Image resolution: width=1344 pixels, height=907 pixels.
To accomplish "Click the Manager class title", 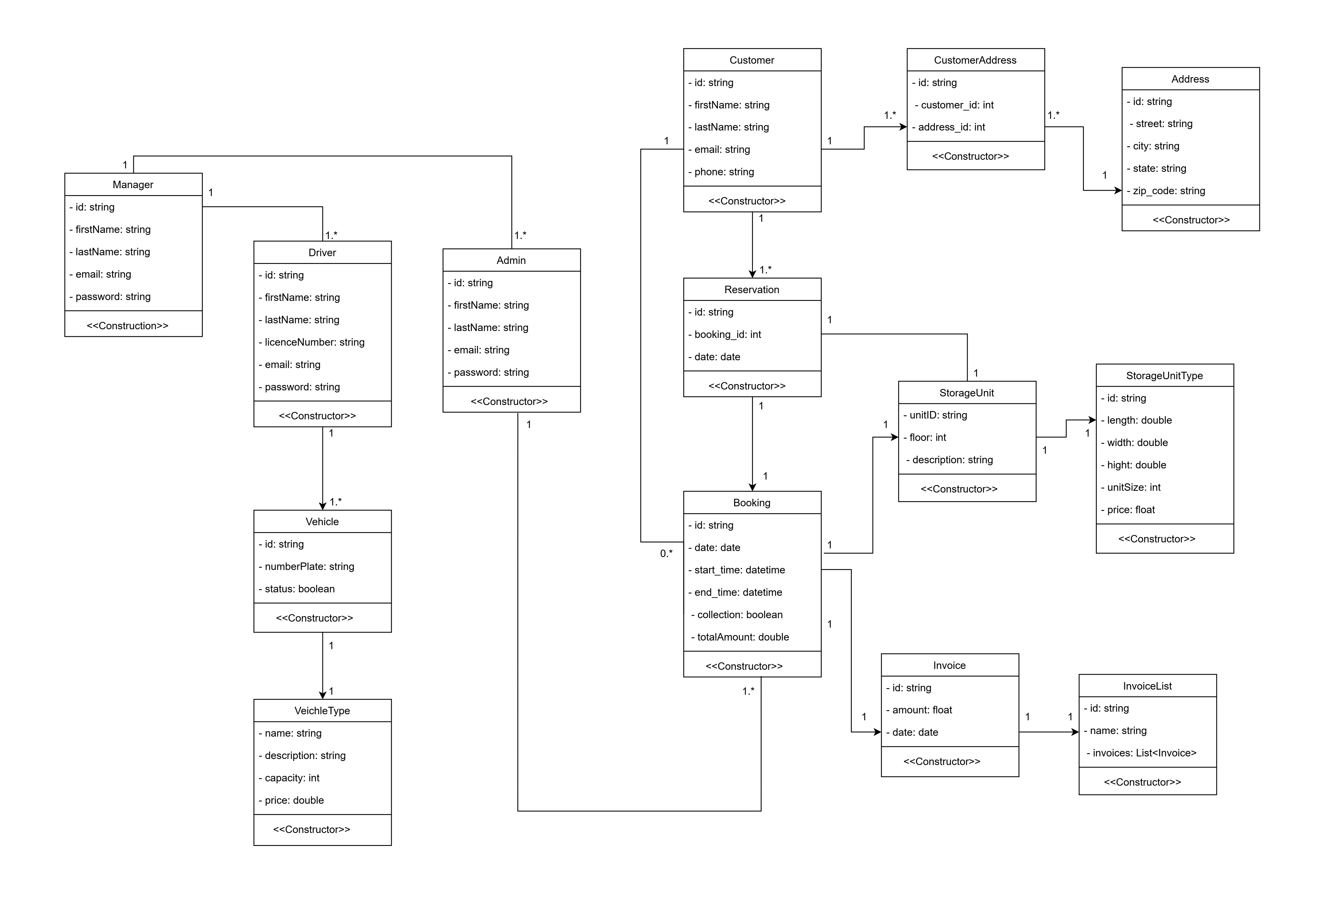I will (x=133, y=184).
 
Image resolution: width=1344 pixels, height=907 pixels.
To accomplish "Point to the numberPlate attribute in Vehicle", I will (x=309, y=566).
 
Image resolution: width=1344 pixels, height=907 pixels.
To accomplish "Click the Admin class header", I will (x=511, y=260).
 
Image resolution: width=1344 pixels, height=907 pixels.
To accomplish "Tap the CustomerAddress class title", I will (x=975, y=60).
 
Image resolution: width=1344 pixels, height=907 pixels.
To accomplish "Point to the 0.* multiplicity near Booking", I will (x=666, y=554).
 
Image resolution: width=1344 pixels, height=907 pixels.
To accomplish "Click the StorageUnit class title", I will (x=966, y=393).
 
